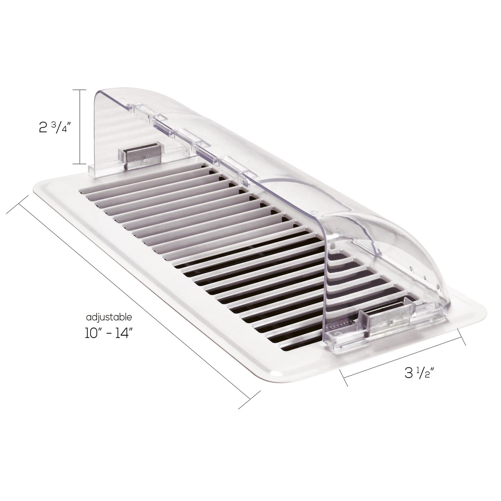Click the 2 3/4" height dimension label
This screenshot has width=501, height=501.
[53, 127]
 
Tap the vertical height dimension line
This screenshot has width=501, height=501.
[80, 127]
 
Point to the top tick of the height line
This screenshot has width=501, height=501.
[80, 90]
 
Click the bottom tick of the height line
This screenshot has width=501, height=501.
[80, 164]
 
